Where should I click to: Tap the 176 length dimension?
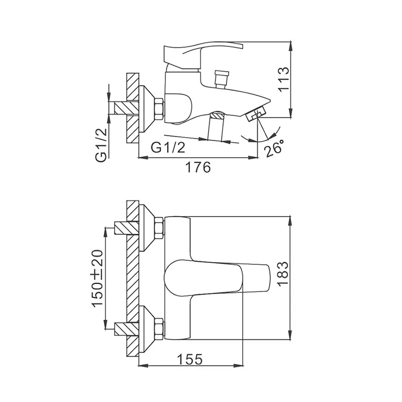(x=197, y=167)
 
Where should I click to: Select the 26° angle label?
(x=274, y=148)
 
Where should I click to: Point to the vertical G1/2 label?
(x=102, y=145)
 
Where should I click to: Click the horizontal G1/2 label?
(x=168, y=147)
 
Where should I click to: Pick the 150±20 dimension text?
(x=97, y=278)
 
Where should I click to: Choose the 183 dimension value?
(x=283, y=274)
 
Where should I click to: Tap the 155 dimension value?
(x=190, y=359)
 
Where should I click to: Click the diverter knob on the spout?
(x=222, y=79)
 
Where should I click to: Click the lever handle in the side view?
(x=203, y=56)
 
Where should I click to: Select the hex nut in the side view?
(x=159, y=109)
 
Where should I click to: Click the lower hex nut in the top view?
(x=159, y=329)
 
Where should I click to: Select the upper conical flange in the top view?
(x=147, y=228)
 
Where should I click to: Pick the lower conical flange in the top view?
(x=147, y=329)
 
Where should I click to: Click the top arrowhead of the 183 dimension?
(x=290, y=221)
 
